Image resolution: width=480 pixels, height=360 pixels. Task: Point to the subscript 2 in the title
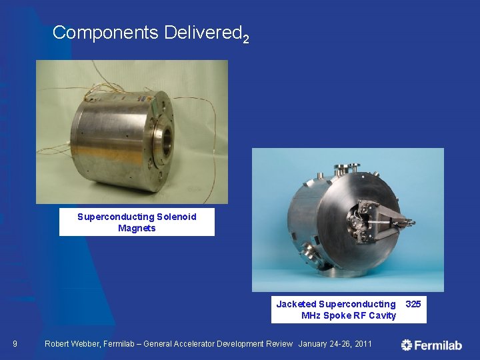click(x=246, y=39)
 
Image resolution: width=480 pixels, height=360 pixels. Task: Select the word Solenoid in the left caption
click(x=177, y=217)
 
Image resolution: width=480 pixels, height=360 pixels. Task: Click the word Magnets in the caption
click(x=137, y=228)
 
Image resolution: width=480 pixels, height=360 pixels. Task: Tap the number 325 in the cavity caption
click(x=413, y=304)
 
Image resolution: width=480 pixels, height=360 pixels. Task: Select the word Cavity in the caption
click(x=382, y=315)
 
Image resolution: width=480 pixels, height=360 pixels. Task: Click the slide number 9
click(x=15, y=344)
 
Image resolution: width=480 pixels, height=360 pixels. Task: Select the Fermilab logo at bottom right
click(x=431, y=345)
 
